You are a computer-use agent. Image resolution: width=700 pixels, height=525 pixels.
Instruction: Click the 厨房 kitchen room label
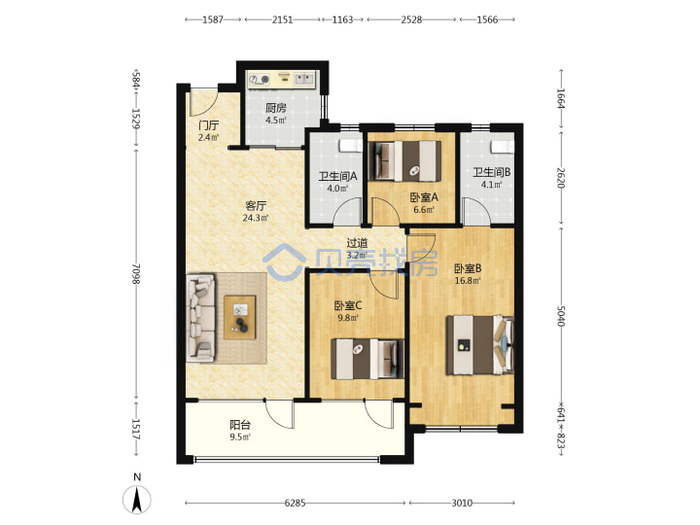275,108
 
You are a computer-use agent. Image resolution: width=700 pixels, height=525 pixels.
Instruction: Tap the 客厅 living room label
256,206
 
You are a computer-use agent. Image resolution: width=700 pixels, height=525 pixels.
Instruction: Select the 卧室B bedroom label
468,268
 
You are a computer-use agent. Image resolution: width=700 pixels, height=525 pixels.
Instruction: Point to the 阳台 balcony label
240,425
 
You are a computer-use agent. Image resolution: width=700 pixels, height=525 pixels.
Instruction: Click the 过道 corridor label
357,243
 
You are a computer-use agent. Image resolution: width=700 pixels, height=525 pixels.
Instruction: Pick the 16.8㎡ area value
468,281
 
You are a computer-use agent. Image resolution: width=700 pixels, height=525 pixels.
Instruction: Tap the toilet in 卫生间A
351,146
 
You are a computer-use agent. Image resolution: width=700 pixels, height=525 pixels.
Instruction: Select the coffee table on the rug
240,317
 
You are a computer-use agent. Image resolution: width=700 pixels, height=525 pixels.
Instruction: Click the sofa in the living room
200,317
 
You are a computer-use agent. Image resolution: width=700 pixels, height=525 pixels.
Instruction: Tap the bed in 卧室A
406,161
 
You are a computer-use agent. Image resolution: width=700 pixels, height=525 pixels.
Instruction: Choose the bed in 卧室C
367,359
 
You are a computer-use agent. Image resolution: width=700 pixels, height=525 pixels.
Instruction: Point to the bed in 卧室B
480,344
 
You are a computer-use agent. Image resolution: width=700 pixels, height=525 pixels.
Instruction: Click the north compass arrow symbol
137,500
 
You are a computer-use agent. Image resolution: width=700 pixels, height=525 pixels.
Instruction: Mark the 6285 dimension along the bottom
296,504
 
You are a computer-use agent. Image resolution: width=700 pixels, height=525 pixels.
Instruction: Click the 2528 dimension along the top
411,19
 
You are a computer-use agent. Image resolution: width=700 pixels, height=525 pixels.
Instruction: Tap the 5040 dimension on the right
561,316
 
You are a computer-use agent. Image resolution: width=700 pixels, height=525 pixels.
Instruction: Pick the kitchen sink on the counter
304,79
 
